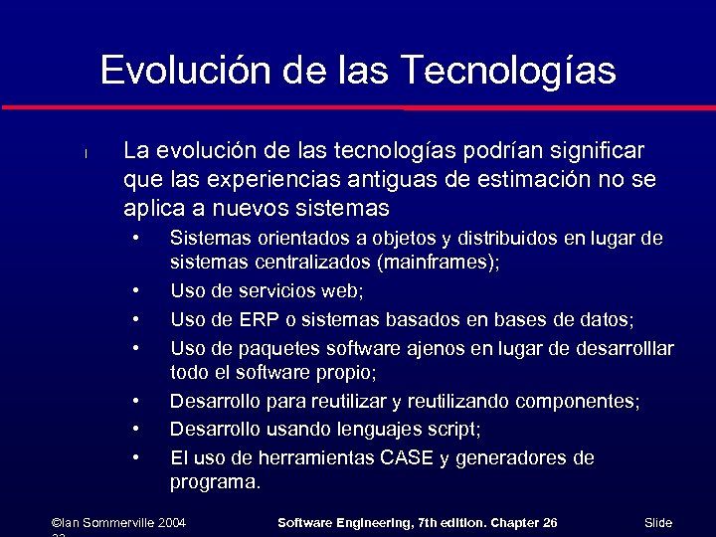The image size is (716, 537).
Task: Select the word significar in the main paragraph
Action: (594, 151)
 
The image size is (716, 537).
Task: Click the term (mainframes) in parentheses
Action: (438, 263)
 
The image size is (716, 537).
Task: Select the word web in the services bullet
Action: (343, 291)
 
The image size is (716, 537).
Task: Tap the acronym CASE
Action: (408, 457)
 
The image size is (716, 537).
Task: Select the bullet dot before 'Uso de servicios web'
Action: (135, 291)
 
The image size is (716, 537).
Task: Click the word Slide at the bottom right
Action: (658, 522)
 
